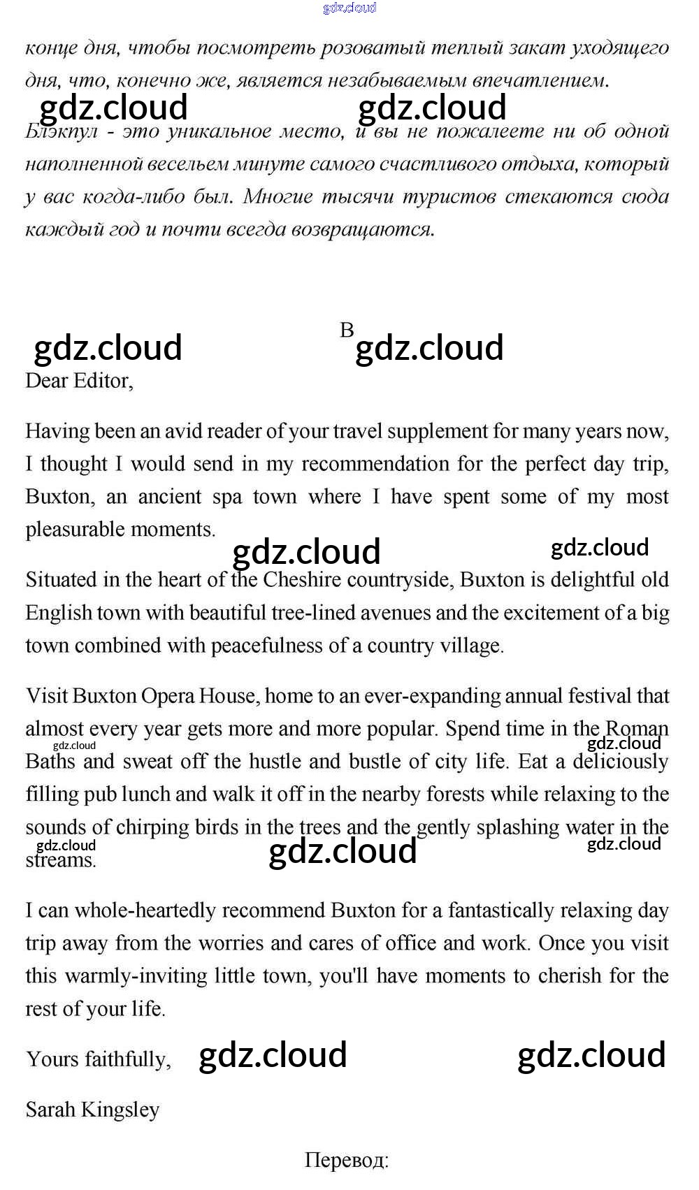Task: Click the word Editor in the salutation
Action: coord(102,381)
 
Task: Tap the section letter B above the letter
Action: coord(347,330)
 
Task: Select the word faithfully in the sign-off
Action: coord(128,1059)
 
